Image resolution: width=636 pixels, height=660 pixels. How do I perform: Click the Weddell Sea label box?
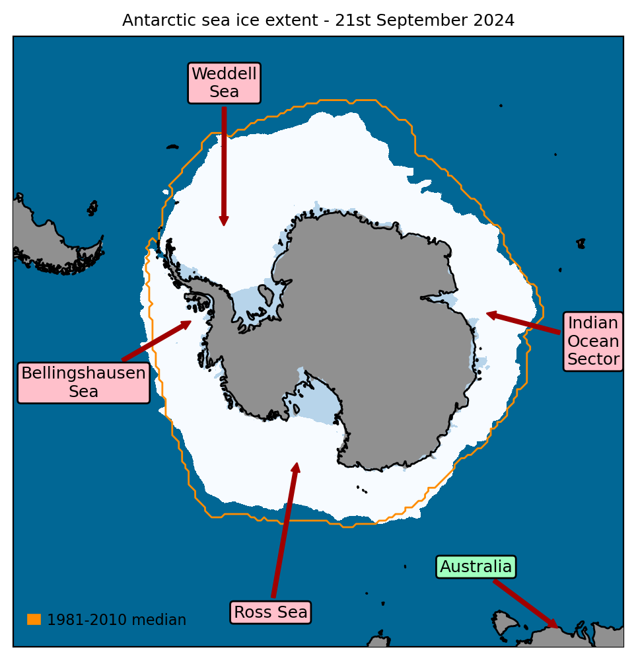click(224, 83)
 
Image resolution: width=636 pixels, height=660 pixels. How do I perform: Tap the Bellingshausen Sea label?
click(83, 382)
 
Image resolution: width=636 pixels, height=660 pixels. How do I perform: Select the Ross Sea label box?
click(271, 612)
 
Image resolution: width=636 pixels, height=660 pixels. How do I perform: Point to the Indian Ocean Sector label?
click(593, 341)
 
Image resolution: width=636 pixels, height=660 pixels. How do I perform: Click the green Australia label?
click(476, 567)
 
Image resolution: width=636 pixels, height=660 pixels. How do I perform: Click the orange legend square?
click(34, 619)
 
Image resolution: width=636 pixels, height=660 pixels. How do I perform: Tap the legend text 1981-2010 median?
click(116, 620)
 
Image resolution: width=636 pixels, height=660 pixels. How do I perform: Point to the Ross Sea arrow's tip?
click(297, 465)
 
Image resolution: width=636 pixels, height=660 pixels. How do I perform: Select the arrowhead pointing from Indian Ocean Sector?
click(489, 314)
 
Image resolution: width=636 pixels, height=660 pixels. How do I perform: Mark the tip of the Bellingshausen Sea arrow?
click(189, 322)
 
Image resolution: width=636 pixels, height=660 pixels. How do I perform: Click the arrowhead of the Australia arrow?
click(555, 626)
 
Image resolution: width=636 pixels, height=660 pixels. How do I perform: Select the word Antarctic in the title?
click(156, 20)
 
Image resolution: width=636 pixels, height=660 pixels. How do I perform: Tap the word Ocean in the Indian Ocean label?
click(593, 342)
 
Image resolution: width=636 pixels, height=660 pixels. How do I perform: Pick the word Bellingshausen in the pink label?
click(83, 373)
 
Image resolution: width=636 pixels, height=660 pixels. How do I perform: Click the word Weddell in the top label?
click(224, 74)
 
